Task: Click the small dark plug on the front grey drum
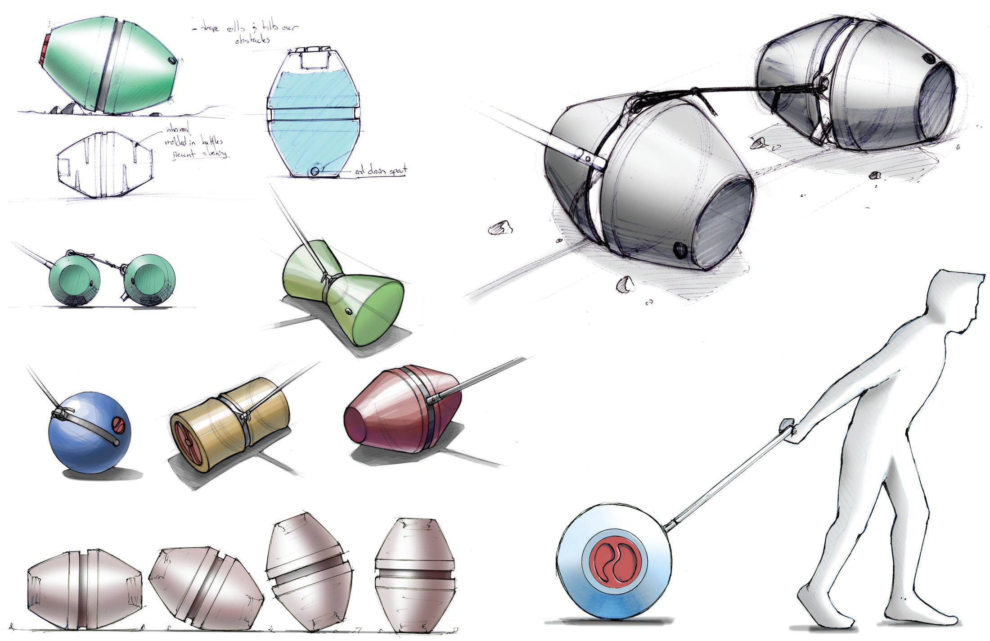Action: (679, 249)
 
